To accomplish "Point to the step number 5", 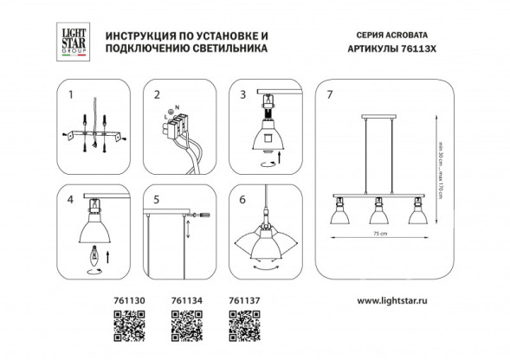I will click(x=157, y=198).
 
